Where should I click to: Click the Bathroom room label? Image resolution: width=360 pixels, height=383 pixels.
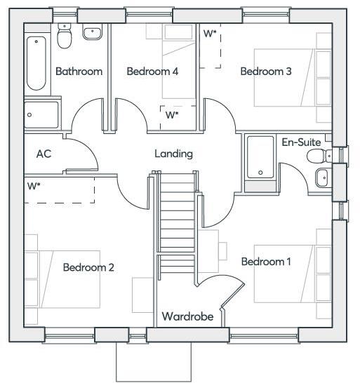[x=79, y=72]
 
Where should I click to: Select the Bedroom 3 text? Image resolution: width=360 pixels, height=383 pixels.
[x=266, y=72]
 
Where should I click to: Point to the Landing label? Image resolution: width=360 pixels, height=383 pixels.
[x=173, y=154]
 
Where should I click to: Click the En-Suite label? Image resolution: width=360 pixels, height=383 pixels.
[x=301, y=142]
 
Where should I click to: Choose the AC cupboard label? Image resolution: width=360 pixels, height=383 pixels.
[x=44, y=154]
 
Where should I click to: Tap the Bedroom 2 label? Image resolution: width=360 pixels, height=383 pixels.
[x=88, y=267]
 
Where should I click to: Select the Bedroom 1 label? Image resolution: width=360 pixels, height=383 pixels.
[x=266, y=262]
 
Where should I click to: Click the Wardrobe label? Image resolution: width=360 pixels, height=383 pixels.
[x=187, y=317]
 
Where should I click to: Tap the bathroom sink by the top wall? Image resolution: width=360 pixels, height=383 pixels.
[x=91, y=32]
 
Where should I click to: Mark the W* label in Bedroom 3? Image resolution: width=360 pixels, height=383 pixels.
[x=209, y=34]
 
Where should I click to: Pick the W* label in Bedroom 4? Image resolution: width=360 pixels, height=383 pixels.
[x=171, y=115]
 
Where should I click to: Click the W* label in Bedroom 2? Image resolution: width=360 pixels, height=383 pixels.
[x=33, y=187]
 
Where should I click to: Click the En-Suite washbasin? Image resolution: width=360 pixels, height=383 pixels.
[x=322, y=177]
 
